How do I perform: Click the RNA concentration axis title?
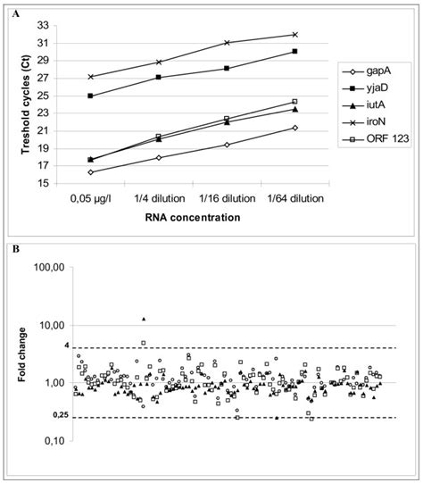[195, 217]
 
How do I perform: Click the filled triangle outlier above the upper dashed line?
[144, 318]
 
